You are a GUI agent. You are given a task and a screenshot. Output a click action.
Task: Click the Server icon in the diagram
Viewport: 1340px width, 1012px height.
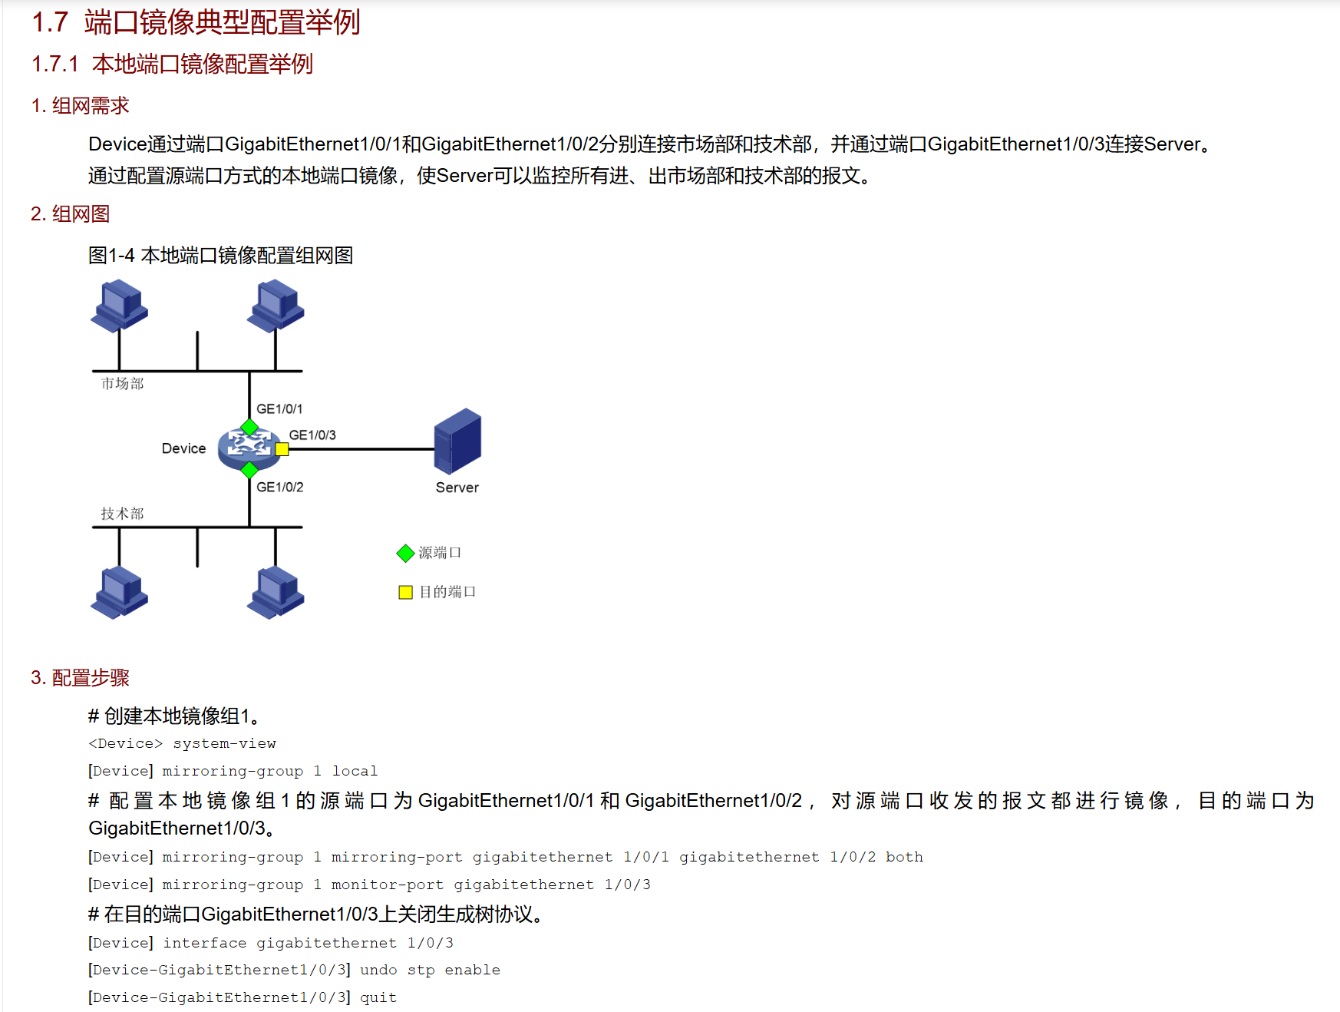[x=457, y=441]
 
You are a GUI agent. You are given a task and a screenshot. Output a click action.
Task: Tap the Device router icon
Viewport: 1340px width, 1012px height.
[x=247, y=448]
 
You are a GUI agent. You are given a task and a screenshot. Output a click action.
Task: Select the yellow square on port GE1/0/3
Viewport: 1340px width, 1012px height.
[x=282, y=449]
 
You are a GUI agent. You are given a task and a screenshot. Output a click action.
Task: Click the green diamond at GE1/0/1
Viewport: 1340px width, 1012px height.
[x=249, y=427]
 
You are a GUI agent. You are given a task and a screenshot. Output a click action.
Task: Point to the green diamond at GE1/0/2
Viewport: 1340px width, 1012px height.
[x=249, y=469]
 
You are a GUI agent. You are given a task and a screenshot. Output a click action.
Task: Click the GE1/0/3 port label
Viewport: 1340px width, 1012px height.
[x=312, y=435]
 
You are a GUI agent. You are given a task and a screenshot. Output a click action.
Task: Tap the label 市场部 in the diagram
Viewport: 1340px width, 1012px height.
[x=123, y=383]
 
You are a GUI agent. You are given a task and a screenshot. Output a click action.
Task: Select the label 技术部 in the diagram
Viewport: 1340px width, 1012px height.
[x=123, y=514]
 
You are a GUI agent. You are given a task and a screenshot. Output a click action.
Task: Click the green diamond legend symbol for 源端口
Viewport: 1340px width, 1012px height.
[x=405, y=553]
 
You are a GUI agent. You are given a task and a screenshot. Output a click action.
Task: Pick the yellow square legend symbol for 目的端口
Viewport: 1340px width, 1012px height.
[x=405, y=592]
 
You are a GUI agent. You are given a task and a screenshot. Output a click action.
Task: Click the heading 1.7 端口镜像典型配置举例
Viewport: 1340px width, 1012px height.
[x=196, y=22]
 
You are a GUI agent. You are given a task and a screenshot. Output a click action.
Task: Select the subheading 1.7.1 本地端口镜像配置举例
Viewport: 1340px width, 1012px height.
[x=172, y=64]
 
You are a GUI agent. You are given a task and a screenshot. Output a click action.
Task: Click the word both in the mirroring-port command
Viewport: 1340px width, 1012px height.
[x=904, y=857]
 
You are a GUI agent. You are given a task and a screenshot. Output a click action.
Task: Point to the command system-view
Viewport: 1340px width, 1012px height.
[x=224, y=743]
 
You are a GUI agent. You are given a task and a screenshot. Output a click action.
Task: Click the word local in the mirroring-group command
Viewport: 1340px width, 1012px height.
[x=355, y=771]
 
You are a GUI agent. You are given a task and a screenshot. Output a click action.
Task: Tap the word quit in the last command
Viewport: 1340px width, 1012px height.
[x=378, y=997]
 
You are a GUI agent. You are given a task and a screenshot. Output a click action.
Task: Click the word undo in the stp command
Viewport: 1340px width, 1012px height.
[x=378, y=970]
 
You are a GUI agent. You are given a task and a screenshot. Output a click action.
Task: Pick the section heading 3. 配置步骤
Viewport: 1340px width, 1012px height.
[x=80, y=677]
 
